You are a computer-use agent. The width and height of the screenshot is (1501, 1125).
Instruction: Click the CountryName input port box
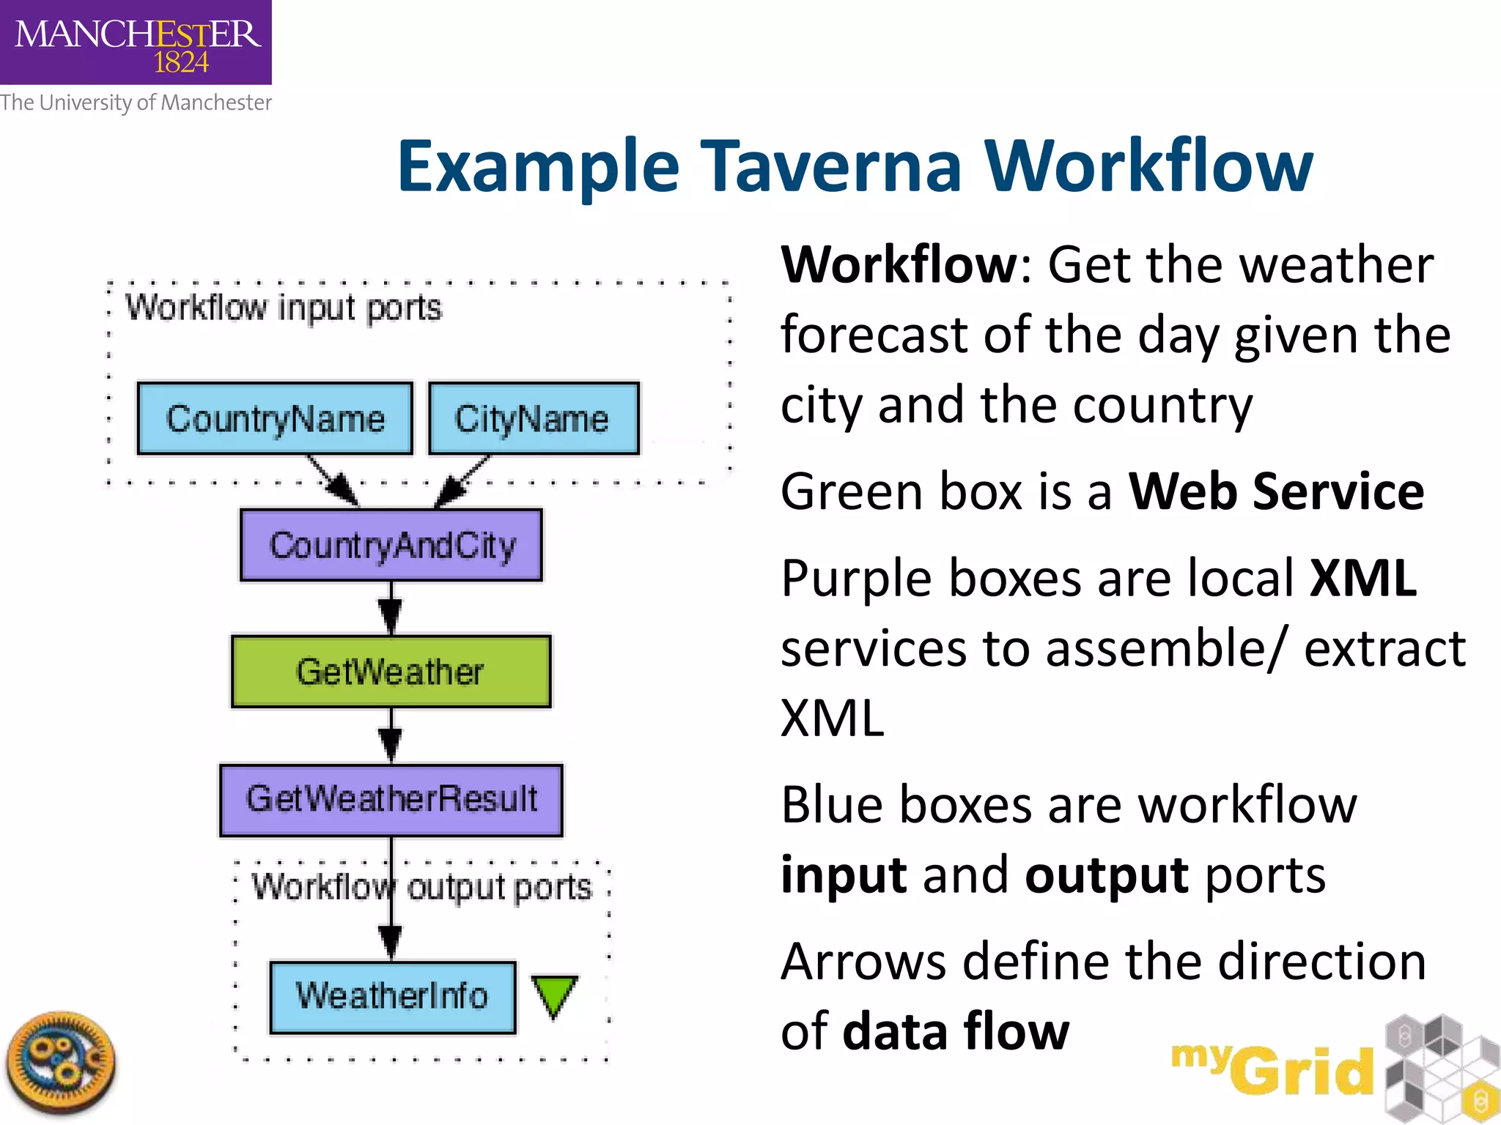click(275, 418)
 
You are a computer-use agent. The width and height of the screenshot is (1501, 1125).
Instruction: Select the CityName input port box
click(534, 418)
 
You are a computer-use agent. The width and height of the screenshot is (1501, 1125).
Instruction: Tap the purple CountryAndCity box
click(391, 545)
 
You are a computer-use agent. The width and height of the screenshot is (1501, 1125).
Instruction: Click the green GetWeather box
click(391, 672)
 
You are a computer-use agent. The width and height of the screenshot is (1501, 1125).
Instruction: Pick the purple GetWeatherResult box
click(391, 800)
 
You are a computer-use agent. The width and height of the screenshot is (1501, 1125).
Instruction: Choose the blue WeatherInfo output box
click(393, 997)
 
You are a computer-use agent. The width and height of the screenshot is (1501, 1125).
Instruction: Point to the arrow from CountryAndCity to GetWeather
click(391, 608)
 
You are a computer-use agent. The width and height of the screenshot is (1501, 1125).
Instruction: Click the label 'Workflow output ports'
click(421, 887)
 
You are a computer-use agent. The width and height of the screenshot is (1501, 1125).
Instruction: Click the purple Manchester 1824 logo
click(136, 42)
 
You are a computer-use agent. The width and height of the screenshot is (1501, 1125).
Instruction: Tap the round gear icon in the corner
click(61, 1061)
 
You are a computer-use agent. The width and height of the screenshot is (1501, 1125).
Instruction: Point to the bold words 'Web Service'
click(1276, 491)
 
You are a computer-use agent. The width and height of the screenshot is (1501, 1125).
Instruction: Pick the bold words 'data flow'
click(956, 1031)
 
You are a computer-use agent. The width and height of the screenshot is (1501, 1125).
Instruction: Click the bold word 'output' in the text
click(1107, 875)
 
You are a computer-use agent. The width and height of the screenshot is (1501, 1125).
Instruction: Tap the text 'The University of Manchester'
click(136, 103)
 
